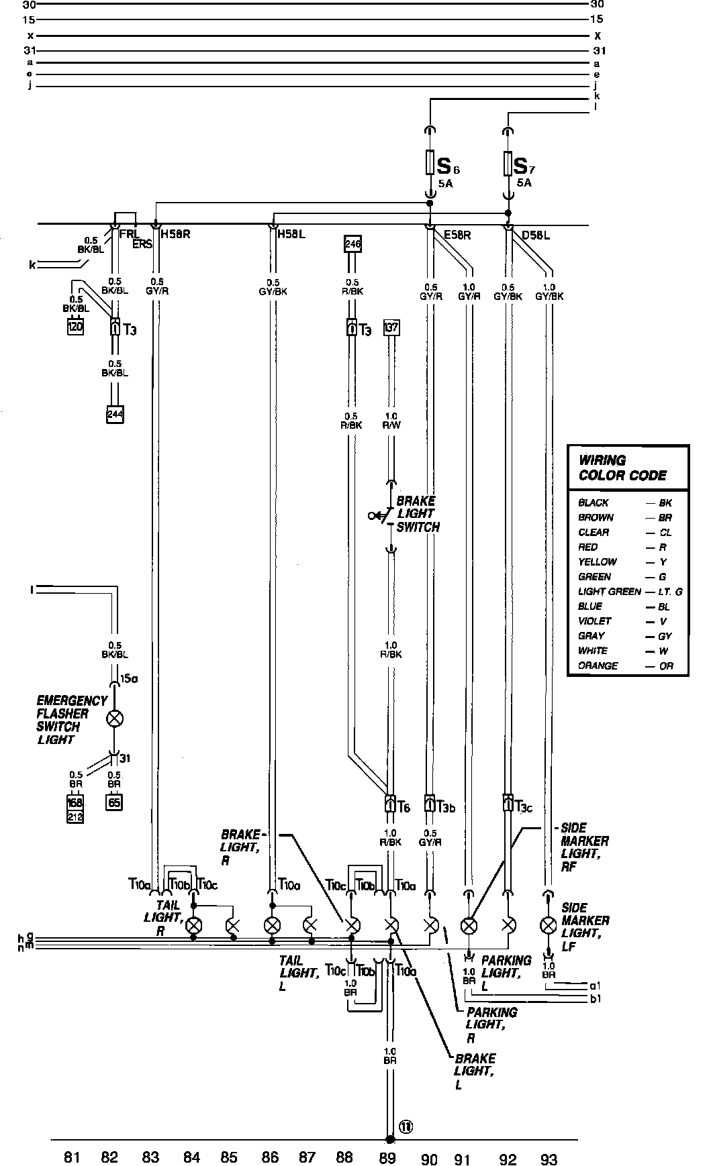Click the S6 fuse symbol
430,163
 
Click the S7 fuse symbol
508,163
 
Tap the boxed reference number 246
352,244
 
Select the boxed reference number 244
115,414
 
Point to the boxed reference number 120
75,327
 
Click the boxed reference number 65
114,802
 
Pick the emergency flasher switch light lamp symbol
115,719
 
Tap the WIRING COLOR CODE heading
622,468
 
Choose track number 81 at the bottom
72,1157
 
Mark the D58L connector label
536,235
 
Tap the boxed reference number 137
391,328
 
